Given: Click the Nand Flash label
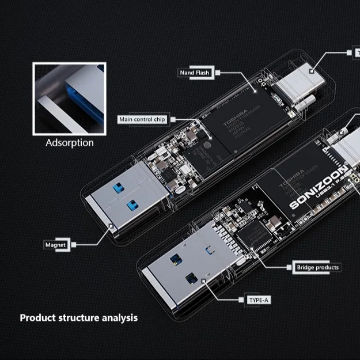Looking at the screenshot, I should pyautogui.click(x=195, y=73).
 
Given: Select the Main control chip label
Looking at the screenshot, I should pyautogui.click(x=142, y=119).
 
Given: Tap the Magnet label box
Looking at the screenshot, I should pyautogui.click(x=55, y=245).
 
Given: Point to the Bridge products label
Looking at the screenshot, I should pyautogui.click(x=317, y=267).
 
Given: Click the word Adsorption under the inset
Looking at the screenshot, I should pyautogui.click(x=69, y=142).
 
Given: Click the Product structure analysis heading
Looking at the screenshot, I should pyautogui.click(x=79, y=317).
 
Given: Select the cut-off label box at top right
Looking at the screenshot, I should pyautogui.click(x=354, y=52).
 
